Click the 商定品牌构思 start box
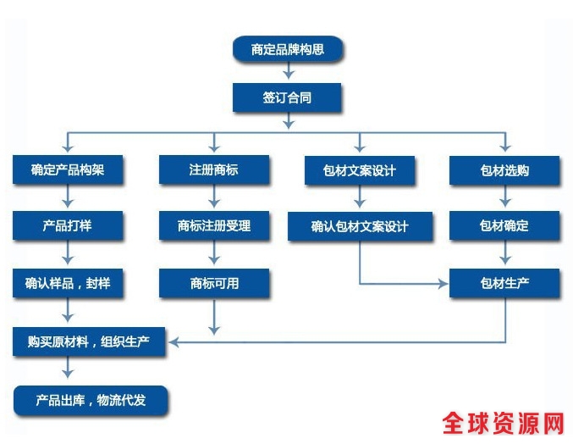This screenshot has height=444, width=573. pyautogui.click(x=287, y=50)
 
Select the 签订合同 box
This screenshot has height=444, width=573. pyautogui.click(x=287, y=97)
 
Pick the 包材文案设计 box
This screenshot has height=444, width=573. pyautogui.click(x=360, y=170)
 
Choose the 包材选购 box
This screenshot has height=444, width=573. pyautogui.click(x=504, y=170)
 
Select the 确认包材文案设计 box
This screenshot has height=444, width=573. pyautogui.click(x=360, y=226)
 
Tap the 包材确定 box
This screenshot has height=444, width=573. pyautogui.click(x=504, y=226)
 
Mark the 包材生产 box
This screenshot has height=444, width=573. pyautogui.click(x=504, y=283)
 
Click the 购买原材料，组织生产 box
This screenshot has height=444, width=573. pyautogui.click(x=88, y=341)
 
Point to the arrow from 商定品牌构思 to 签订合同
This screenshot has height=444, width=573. pyautogui.click(x=287, y=73)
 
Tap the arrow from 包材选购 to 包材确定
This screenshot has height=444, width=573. pyautogui.click(x=504, y=198)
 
